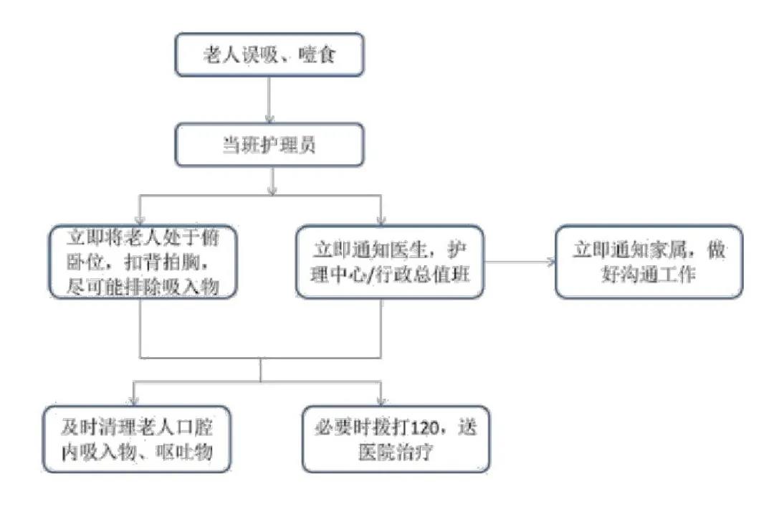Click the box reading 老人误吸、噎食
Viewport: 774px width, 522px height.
coord(269,54)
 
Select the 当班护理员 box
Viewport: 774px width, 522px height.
coord(269,145)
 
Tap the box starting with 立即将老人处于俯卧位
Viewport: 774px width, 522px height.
coord(143,262)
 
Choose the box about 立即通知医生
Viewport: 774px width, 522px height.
coord(389,262)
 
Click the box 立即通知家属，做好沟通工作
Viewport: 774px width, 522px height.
coord(649,262)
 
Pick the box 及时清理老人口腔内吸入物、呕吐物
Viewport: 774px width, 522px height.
coord(137,439)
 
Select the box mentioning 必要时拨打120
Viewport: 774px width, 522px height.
coord(396,439)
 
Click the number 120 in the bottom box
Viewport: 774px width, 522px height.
coord(424,427)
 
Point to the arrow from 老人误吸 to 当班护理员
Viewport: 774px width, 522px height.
coord(269,100)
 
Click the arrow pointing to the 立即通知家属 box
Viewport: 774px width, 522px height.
coord(520,262)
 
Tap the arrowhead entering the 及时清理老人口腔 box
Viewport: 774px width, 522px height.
coord(134,401)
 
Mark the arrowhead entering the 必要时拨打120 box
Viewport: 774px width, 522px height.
coord(381,401)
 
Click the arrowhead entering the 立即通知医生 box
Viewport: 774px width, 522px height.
coord(381,219)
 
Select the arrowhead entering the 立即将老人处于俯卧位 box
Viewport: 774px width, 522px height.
coord(140,219)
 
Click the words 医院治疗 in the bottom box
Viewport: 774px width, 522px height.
coord(396,452)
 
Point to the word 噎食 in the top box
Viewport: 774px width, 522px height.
coord(317,54)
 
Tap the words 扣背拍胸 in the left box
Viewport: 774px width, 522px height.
coord(163,262)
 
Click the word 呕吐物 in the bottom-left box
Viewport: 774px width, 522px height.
coord(184,452)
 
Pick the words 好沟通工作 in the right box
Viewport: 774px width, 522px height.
coord(648,274)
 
